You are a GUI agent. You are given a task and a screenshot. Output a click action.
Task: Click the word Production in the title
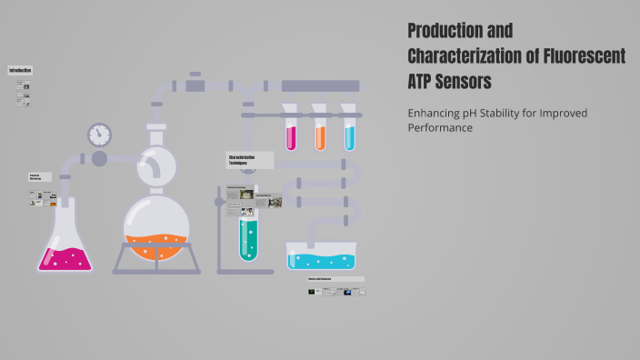[447, 30]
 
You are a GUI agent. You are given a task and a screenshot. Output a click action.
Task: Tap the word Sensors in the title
[465, 81]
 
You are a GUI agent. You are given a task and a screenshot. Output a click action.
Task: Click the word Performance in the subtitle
[440, 128]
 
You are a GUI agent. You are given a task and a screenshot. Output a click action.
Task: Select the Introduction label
[20, 70]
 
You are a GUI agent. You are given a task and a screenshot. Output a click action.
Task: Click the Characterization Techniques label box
[249, 160]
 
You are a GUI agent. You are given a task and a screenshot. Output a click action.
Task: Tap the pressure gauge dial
[99, 135]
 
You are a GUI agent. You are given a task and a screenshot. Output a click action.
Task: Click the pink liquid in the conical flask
[65, 258]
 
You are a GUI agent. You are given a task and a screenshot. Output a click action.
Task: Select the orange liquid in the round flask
[157, 245]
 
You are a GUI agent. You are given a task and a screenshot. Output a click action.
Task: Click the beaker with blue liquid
[322, 256]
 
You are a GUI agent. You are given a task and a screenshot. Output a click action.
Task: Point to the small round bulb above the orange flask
[156, 165]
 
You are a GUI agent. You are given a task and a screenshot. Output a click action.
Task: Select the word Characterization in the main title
[469, 55]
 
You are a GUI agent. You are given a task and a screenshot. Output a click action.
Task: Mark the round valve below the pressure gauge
[99, 159]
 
